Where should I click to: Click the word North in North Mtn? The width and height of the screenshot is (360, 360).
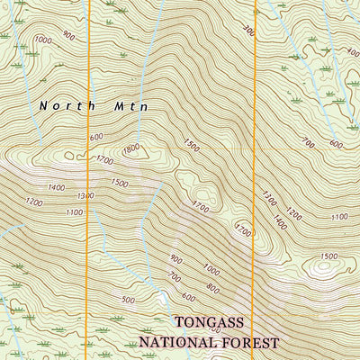(x=58, y=105)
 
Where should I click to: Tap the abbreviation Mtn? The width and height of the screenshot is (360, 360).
(x=129, y=105)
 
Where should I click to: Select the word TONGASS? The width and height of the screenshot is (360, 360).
(x=214, y=322)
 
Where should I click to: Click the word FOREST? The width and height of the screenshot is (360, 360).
(x=251, y=343)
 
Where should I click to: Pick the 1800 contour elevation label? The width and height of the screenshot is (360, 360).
(x=130, y=148)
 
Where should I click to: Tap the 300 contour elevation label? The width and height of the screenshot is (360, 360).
(x=248, y=31)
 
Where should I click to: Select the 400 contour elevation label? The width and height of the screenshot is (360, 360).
(x=352, y=52)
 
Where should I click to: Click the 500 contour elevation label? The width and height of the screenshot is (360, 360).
(x=128, y=300)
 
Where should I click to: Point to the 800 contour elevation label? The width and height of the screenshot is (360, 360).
(x=212, y=288)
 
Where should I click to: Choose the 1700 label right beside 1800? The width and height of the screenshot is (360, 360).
(x=105, y=160)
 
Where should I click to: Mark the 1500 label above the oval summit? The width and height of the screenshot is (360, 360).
(x=328, y=256)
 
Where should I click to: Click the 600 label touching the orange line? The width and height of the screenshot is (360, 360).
(x=95, y=137)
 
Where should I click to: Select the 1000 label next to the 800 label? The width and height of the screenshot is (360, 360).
(x=211, y=268)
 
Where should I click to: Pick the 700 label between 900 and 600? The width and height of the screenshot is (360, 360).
(x=174, y=277)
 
